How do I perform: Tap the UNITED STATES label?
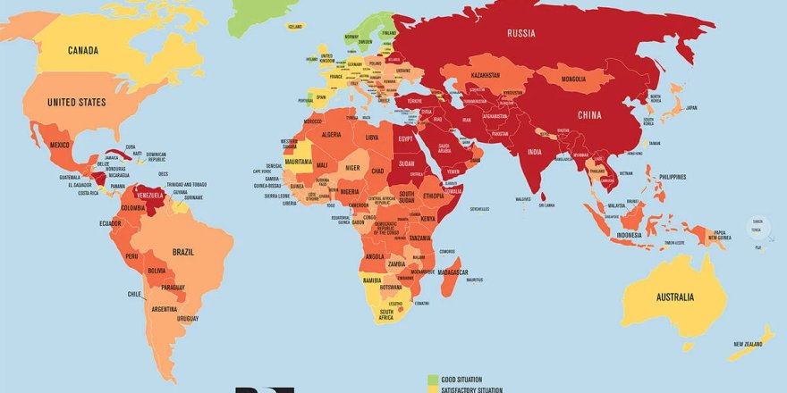pyautogui.click(x=75, y=103)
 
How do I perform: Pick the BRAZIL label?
pyautogui.click(x=183, y=252)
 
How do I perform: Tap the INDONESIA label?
pyautogui.click(x=636, y=235)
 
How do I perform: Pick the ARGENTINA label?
pyautogui.click(x=165, y=309)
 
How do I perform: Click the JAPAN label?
pyautogui.click(x=690, y=108)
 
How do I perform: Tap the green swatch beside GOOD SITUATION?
pyautogui.click(x=434, y=380)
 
